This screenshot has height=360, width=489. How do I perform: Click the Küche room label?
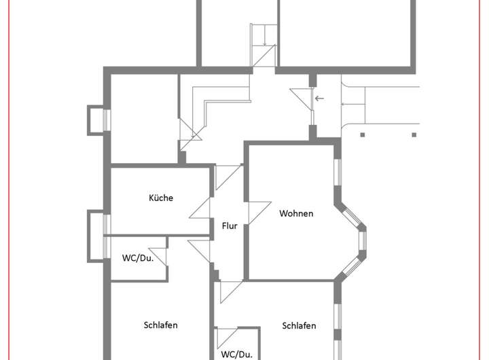click(161, 198)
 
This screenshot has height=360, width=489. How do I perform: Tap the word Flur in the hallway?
click(230, 226)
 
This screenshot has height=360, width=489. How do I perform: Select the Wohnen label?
click(296, 213)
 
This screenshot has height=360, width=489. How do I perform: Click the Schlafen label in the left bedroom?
click(161, 325)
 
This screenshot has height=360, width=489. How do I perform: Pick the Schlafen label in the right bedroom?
click(299, 325)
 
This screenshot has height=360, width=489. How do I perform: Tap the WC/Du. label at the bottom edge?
click(236, 354)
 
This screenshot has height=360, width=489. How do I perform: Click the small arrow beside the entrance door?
click(319, 98)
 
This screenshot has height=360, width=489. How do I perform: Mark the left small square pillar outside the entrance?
click(363, 134)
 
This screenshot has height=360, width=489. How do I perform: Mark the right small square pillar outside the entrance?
click(414, 134)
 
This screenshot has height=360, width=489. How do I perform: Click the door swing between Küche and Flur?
click(201, 207)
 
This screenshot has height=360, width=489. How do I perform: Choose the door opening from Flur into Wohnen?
click(259, 212)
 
